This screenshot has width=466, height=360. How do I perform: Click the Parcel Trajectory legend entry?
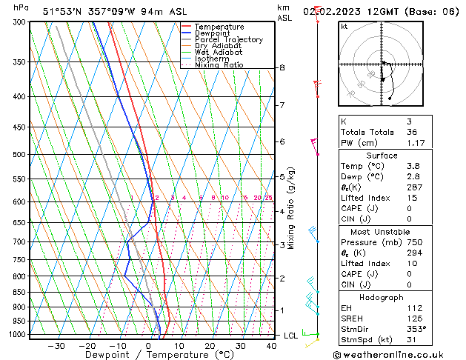[228, 39]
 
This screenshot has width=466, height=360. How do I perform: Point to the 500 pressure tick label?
[20, 155]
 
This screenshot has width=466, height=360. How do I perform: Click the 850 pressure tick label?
[20, 292]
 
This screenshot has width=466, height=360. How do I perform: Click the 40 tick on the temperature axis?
[270, 345]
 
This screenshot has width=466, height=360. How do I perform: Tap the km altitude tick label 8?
[282, 68]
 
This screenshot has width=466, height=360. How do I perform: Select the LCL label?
[291, 336]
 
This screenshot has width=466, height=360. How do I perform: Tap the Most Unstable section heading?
[382, 232]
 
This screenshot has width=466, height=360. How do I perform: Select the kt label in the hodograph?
[344, 26]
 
